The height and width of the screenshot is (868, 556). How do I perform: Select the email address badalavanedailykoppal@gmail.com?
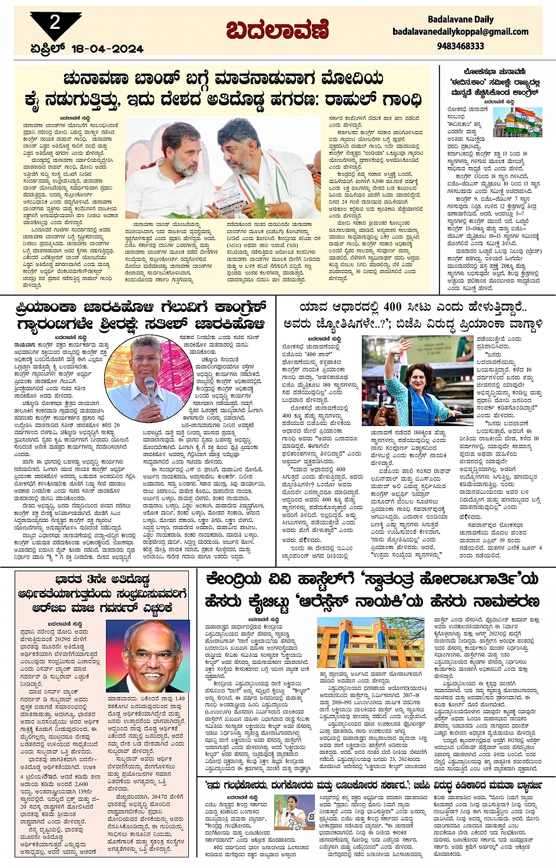[x=460, y=32]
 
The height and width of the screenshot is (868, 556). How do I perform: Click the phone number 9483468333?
[x=461, y=45]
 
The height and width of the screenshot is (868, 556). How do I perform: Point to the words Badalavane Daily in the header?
[x=461, y=19]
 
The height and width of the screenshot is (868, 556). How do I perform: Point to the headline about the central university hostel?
[x=372, y=591]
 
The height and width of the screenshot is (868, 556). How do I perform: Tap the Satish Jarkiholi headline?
[x=141, y=315]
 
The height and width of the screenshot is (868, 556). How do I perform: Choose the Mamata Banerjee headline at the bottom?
[x=372, y=785]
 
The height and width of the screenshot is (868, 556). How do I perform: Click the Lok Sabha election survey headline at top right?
[x=494, y=82]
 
